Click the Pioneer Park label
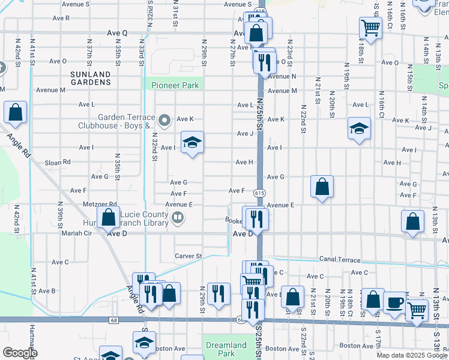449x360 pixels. [175, 85]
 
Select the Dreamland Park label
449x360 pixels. [226, 349]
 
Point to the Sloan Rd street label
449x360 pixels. [58, 162]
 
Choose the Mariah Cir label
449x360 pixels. [77, 233]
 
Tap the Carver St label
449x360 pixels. [188, 256]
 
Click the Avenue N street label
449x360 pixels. [282, 76]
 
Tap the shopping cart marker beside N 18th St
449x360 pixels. [371, 28]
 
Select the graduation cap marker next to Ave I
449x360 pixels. [192, 143]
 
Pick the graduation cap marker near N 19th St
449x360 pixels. [359, 128]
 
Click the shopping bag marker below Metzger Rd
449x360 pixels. [109, 217]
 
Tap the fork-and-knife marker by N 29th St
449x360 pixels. [218, 294]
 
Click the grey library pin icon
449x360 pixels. [177, 218]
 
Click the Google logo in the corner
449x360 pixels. [20, 353]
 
